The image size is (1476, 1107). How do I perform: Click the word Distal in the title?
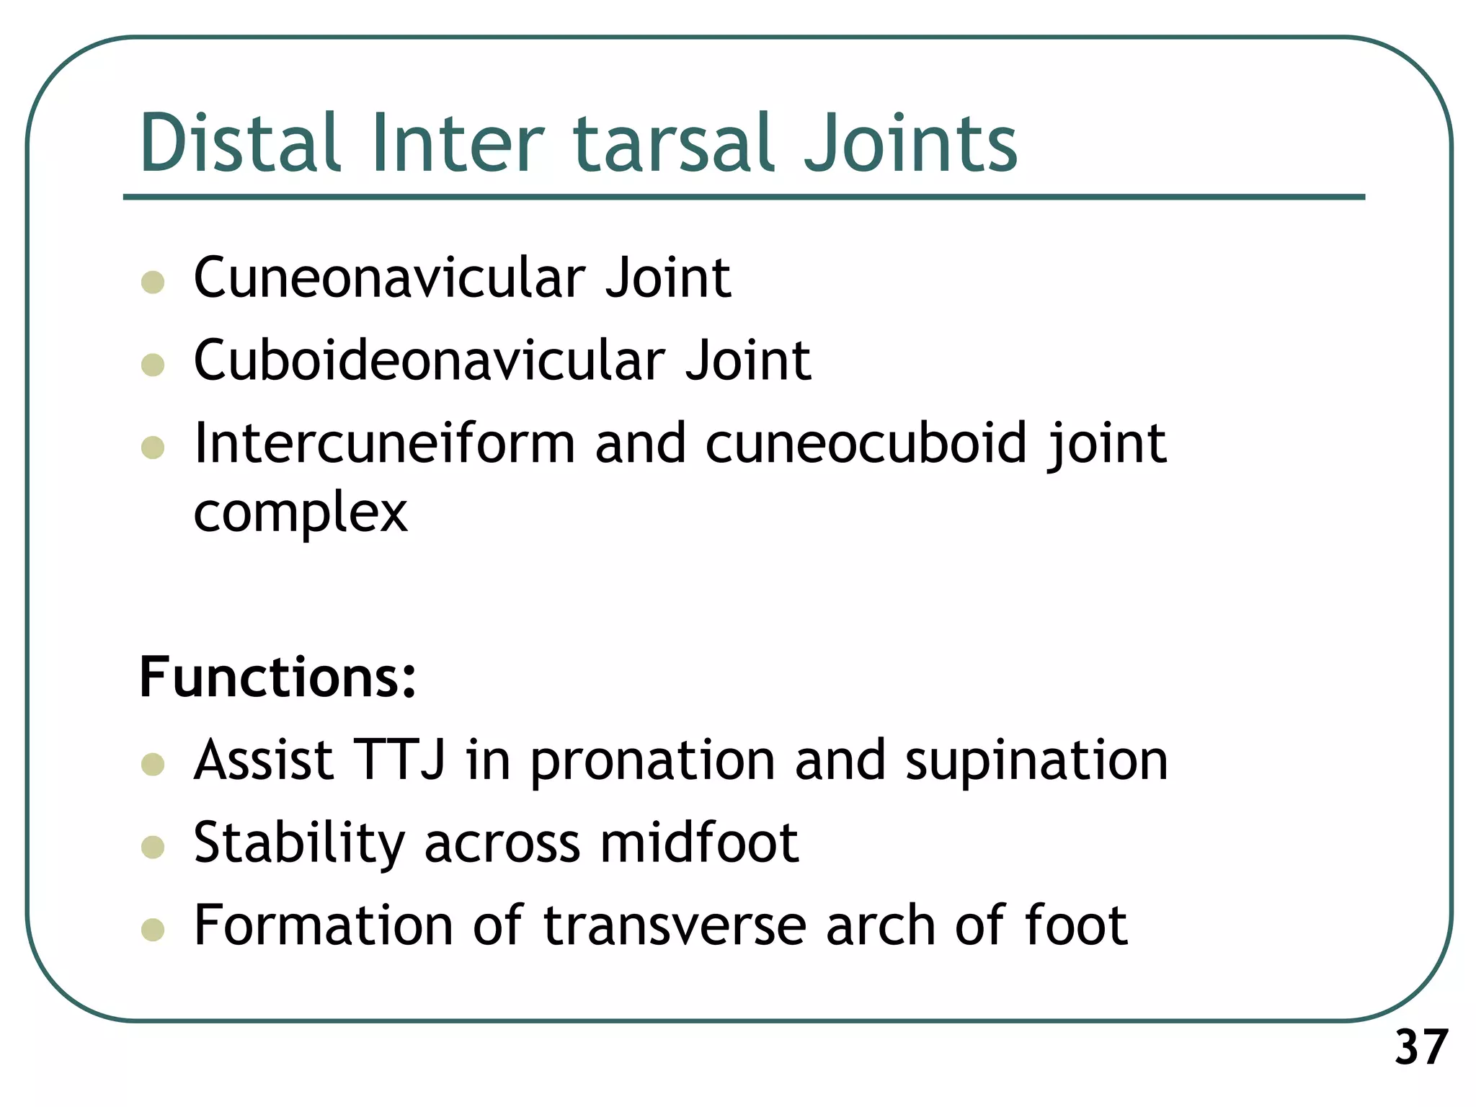coord(239,143)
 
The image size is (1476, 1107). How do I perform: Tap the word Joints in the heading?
coord(910,143)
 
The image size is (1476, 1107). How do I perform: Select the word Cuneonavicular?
coord(389,278)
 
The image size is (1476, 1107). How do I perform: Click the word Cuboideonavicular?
coord(429,360)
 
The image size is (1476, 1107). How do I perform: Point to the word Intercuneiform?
coord(384,443)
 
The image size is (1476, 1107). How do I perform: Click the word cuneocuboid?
coord(865,443)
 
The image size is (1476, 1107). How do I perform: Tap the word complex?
coord(301,513)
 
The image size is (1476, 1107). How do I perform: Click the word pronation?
coord(652,762)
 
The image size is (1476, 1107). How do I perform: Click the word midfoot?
coord(698,843)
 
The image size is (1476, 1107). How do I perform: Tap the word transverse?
coord(674,926)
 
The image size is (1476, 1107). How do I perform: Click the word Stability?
coord(299,843)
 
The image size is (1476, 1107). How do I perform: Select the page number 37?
coord(1421,1048)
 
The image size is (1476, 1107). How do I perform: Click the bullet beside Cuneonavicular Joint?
coord(153,282)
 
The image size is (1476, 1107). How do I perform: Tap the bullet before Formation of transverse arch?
coord(153,930)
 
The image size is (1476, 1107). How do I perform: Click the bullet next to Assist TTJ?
coord(153,764)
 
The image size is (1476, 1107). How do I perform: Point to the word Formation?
coord(323,926)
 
